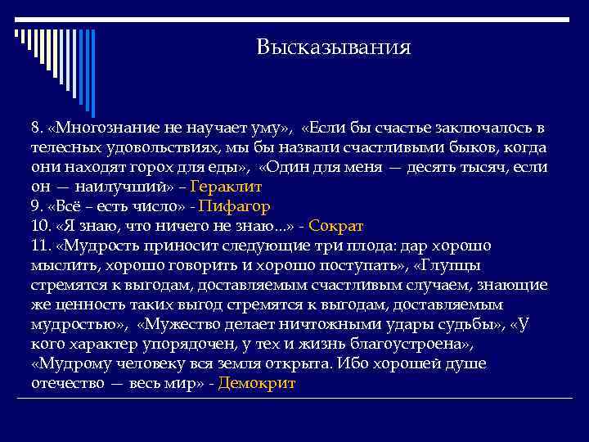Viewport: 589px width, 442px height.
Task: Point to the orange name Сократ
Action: [335, 225]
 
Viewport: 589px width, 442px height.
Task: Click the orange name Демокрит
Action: [257, 383]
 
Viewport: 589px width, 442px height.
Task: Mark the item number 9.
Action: [36, 205]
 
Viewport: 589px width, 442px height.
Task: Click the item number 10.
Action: [40, 225]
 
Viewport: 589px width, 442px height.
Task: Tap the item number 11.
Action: [40, 245]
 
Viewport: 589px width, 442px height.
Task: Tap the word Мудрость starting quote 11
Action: [94, 245]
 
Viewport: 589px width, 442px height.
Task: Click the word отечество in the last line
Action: [67, 383]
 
